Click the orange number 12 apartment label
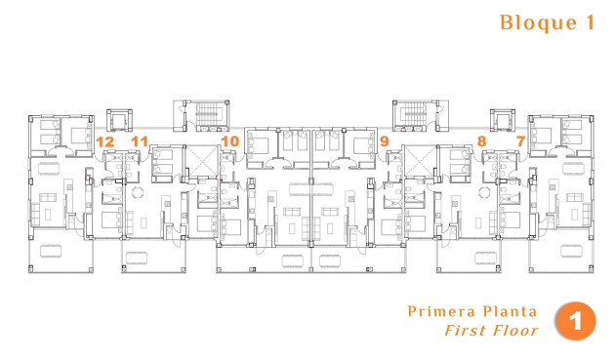click(x=105, y=141)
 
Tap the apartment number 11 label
click(x=140, y=141)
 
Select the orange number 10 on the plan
click(x=229, y=141)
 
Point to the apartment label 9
click(x=385, y=141)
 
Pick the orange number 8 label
click(x=482, y=141)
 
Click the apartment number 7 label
click(x=520, y=141)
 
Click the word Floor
click(x=514, y=331)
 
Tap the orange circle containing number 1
click(x=576, y=322)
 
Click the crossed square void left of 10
click(x=200, y=161)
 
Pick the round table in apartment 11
click(x=137, y=191)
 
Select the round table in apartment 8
click(x=480, y=191)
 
